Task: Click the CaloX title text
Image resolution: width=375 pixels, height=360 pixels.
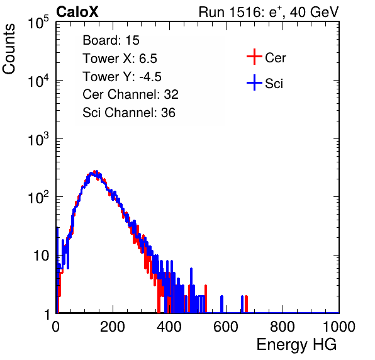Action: pyautogui.click(x=77, y=12)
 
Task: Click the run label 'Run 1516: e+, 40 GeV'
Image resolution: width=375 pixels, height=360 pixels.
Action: pyautogui.click(x=269, y=12)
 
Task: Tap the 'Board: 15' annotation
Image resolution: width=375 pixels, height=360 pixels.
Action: pyautogui.click(x=111, y=40)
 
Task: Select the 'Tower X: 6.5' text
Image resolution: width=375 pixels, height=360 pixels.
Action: pyautogui.click(x=120, y=59)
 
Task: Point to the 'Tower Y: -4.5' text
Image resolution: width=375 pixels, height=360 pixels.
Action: pyautogui.click(x=122, y=77)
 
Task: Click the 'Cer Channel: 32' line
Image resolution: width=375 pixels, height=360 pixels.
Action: pyautogui.click(x=130, y=94)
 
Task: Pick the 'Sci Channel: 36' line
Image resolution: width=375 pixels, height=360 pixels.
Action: pyautogui.click(x=128, y=113)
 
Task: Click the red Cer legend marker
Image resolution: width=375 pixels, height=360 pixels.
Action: pyautogui.click(x=254, y=57)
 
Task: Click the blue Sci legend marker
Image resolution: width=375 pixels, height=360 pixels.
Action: pyautogui.click(x=254, y=82)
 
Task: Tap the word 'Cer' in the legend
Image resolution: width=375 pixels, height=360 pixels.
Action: pyautogui.click(x=275, y=58)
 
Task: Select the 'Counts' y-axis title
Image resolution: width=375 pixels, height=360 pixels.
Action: pyautogui.click(x=9, y=49)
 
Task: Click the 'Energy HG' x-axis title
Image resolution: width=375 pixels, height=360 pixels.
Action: pyautogui.click(x=296, y=345)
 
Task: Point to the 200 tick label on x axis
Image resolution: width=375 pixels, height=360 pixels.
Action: pyautogui.click(x=113, y=327)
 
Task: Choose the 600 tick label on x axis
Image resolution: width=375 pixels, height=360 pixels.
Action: pyautogui.click(x=226, y=327)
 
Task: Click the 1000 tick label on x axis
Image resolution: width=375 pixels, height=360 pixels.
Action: pyautogui.click(x=339, y=327)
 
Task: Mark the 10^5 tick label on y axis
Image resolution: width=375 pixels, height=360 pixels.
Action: pyautogui.click(x=38, y=23)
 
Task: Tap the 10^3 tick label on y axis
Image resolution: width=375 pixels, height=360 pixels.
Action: pyautogui.click(x=38, y=139)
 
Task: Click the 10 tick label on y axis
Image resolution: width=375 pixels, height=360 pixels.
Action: pyautogui.click(x=41, y=256)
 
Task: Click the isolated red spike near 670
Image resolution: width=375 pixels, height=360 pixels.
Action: pyautogui.click(x=247, y=304)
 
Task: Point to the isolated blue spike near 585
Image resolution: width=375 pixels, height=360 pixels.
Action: pyautogui.click(x=221, y=304)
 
